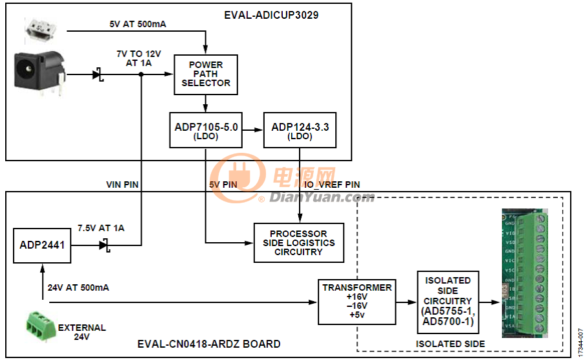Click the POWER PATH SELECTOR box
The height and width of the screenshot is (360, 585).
click(x=206, y=74)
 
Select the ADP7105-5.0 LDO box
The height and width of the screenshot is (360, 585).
click(x=205, y=131)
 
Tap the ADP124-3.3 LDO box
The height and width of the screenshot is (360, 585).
click(x=300, y=131)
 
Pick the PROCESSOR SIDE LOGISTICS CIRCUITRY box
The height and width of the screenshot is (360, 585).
click(x=298, y=243)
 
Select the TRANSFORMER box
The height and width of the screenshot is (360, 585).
click(x=356, y=302)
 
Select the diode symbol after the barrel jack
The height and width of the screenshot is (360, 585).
click(x=98, y=74)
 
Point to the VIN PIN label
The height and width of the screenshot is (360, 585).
click(x=122, y=185)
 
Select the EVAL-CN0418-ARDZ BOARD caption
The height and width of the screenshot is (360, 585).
click(x=209, y=344)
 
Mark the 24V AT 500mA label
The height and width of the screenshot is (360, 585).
click(x=79, y=286)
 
